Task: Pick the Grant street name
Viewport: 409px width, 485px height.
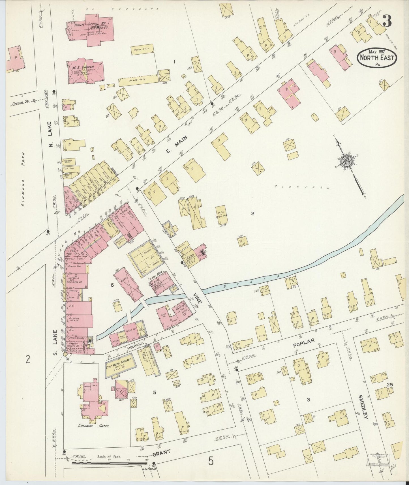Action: point(161,452)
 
